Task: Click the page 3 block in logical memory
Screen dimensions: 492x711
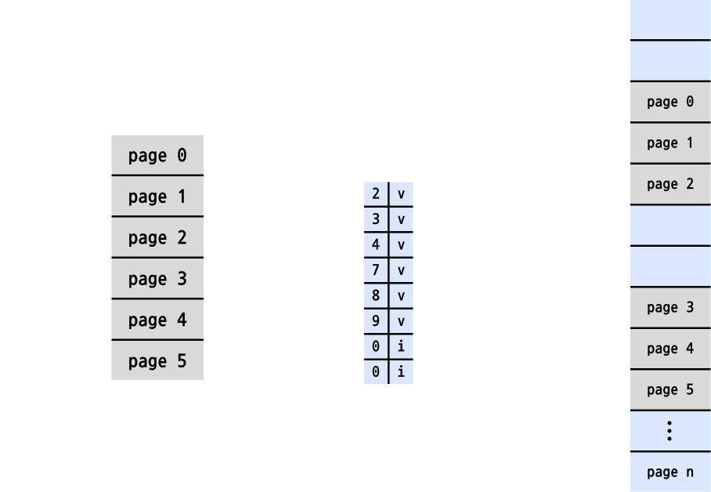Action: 157,278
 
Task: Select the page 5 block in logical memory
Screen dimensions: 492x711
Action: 157,360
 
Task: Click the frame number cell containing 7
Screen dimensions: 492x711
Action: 376,270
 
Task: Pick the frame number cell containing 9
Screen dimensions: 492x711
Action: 376,320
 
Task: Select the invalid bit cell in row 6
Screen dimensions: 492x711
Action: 401,345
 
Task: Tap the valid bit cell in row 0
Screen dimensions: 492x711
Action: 401,194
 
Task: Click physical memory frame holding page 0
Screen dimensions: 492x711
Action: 670,102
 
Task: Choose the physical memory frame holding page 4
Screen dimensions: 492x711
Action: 670,349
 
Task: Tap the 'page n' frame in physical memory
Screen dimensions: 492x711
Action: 670,472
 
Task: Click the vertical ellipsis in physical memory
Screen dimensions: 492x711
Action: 669,431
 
